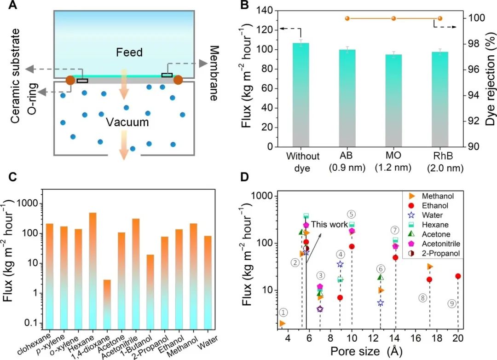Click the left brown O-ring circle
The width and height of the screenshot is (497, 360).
70,80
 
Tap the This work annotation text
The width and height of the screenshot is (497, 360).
329,225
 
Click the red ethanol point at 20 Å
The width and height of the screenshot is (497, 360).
458,276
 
